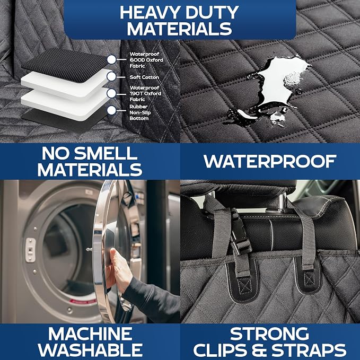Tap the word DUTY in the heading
click(213, 13)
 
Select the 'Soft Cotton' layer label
click(144, 77)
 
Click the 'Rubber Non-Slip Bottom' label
click(140, 112)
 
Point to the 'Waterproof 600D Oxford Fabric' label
click(146, 60)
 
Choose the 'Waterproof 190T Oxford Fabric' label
click(145, 93)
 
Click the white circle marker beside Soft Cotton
click(111, 76)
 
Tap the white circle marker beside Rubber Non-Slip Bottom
click(111, 110)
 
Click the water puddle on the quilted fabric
click(276, 87)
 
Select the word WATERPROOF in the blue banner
click(270, 161)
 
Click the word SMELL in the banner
click(106, 153)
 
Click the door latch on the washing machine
click(30, 250)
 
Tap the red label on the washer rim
click(83, 301)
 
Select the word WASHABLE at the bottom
click(90, 350)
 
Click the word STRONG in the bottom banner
click(269, 333)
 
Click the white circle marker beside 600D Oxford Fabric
click(111, 59)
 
